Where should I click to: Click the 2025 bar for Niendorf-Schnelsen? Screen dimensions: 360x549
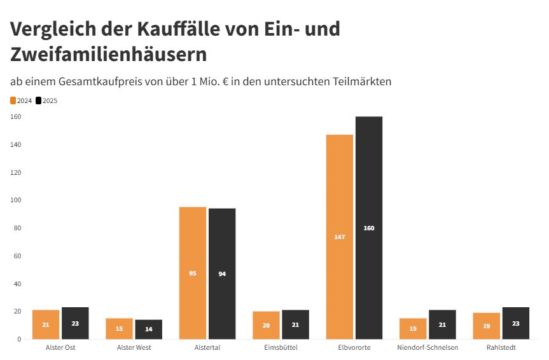(442, 324)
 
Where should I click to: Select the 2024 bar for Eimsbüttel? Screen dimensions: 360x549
(266, 325)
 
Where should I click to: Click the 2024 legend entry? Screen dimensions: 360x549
(22, 100)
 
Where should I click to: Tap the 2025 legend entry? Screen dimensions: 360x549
(46, 100)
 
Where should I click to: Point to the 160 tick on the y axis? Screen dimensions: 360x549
(16, 117)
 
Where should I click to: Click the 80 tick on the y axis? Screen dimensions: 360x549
(18, 228)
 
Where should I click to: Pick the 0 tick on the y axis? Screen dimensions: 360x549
(19, 340)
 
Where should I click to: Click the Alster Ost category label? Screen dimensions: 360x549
(60, 348)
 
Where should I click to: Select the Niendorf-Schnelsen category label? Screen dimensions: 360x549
(427, 348)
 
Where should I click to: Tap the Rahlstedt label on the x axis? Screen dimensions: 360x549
(501, 348)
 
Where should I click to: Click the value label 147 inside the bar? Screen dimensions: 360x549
(339, 237)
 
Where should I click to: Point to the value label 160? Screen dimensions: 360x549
(369, 228)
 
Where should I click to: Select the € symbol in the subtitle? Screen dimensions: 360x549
(226, 82)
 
